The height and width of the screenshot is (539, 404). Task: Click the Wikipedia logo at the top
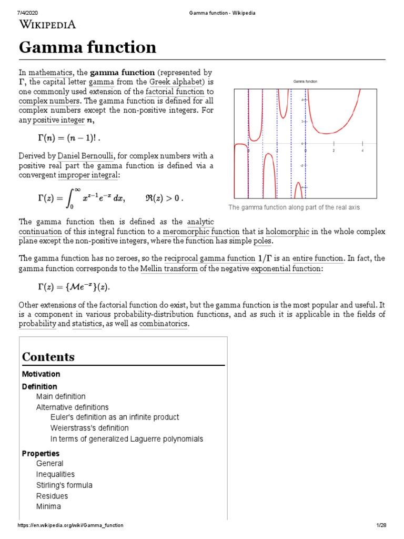(x=48, y=24)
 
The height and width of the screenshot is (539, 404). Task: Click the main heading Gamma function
(x=87, y=47)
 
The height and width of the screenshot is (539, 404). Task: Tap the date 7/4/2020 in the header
(x=27, y=13)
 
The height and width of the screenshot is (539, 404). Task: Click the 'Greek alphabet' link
(x=179, y=83)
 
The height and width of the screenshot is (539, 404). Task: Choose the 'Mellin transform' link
(x=169, y=269)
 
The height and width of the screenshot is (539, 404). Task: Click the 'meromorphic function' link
(x=201, y=232)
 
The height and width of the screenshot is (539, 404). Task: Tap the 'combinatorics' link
(x=163, y=324)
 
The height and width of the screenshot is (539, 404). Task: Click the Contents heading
(x=48, y=357)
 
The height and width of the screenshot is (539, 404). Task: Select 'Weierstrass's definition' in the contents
(x=89, y=427)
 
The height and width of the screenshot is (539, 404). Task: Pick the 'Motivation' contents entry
(x=41, y=374)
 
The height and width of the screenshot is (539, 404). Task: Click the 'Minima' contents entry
(x=48, y=506)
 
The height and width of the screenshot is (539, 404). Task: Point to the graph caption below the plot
(x=294, y=207)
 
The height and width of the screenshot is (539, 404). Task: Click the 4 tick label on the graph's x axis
(x=362, y=151)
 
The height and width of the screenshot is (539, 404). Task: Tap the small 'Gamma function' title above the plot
(x=305, y=82)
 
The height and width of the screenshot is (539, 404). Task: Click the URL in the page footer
(x=70, y=525)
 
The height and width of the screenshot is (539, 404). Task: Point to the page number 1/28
(x=381, y=525)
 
